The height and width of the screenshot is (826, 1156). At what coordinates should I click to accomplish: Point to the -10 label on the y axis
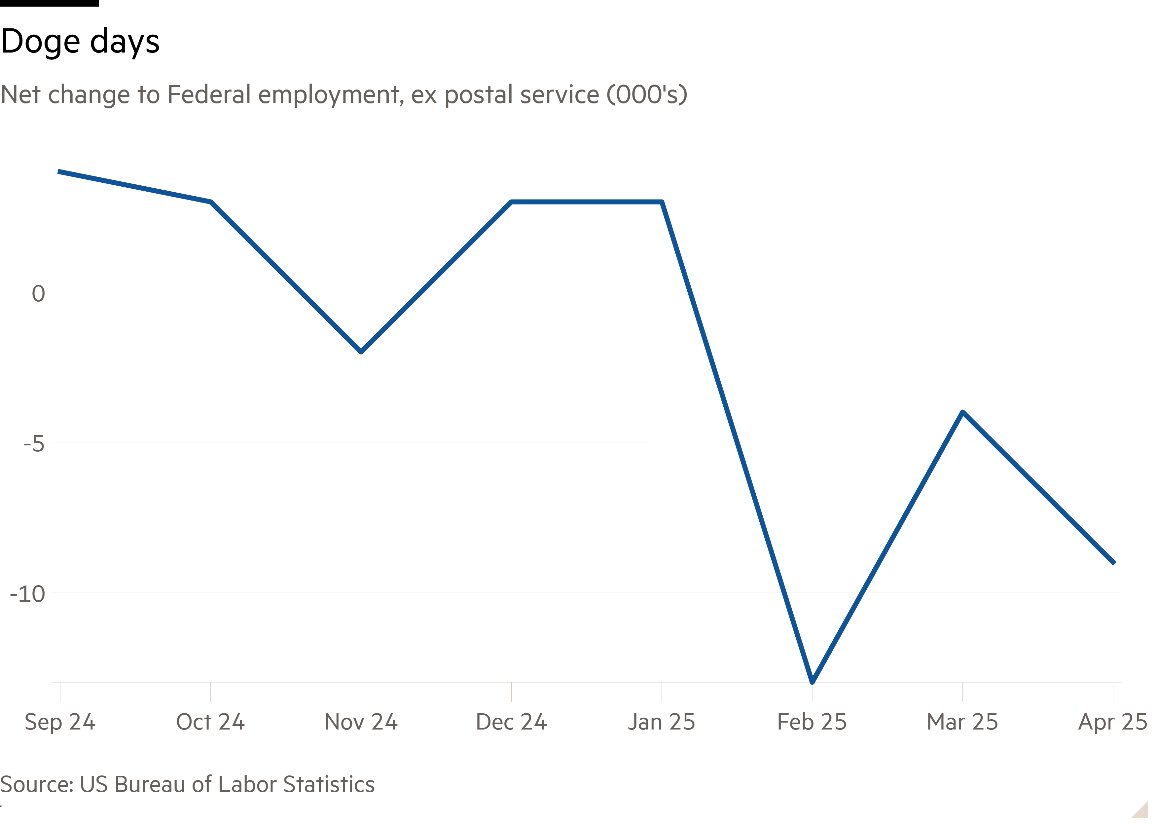28,593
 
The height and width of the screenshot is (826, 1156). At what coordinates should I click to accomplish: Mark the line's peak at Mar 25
962,412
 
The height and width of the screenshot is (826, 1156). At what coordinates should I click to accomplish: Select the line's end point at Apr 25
1113,563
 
